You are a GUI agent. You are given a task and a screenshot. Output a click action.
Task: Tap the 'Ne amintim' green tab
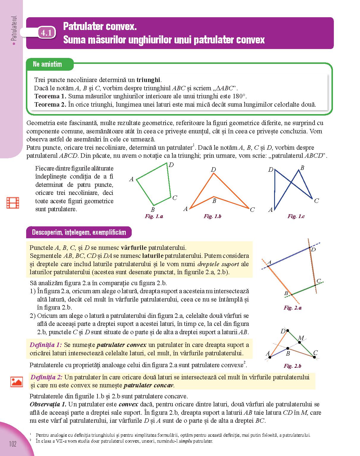coord(48,64)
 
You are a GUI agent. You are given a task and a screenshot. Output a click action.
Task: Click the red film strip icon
coord(13,203)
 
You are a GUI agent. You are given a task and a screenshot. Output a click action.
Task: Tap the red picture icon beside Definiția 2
coord(16,381)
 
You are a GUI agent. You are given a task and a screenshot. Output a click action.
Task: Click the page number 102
coord(13,444)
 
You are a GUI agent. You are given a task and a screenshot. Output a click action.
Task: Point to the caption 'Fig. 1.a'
coord(154,216)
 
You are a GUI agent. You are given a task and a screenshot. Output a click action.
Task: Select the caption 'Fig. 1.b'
coord(212,216)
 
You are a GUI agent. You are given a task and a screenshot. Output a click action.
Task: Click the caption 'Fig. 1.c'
coord(296,216)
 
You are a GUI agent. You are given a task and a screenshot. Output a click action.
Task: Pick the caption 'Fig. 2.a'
coord(293,308)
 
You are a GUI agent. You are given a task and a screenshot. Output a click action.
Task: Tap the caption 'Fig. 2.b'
coord(293,366)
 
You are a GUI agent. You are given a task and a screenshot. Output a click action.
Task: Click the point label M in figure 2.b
coord(301,338)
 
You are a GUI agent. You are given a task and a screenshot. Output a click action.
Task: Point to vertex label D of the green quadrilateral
coord(171,165)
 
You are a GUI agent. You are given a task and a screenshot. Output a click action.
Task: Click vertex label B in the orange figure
coord(214,201)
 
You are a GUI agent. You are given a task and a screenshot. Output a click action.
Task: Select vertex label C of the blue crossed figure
coord(316,201)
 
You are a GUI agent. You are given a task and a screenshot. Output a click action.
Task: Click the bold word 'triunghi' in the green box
coord(148,80)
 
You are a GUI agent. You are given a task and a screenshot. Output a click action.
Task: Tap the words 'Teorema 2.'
coord(50,104)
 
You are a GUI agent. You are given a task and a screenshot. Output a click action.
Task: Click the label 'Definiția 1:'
coord(46,345)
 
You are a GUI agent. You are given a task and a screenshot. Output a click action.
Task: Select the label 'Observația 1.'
coord(48,404)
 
